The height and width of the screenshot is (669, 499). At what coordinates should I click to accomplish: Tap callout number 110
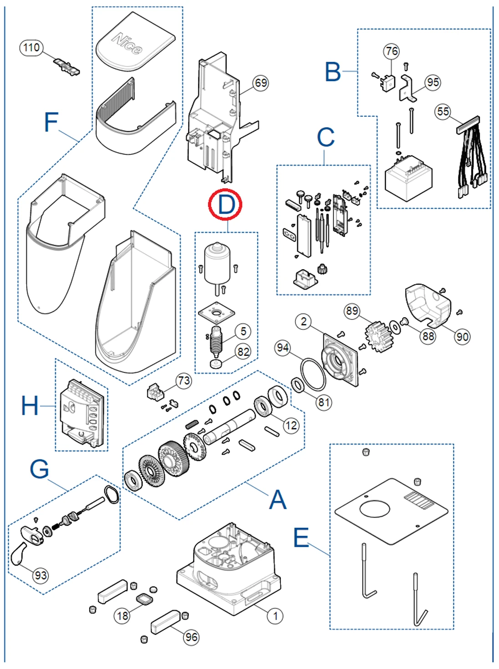[x=31, y=47]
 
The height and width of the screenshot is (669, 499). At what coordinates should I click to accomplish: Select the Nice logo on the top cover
[x=127, y=43]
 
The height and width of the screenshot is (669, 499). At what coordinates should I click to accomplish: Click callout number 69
[x=260, y=83]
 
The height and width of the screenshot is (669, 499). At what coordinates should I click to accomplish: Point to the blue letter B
[x=333, y=72]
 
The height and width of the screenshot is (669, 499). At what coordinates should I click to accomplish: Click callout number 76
[x=392, y=51]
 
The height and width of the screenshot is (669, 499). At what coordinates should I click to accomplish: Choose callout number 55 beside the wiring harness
[x=443, y=111]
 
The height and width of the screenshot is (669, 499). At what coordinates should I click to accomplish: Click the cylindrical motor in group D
[x=217, y=263]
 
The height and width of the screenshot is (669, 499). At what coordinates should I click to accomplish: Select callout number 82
[x=243, y=351]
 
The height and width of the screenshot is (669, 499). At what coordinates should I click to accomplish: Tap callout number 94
[x=282, y=348]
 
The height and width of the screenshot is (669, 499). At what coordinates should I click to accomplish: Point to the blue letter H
[x=30, y=405]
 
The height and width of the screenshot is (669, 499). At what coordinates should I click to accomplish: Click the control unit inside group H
[x=82, y=412]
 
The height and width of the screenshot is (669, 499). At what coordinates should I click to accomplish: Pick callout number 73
[x=184, y=381]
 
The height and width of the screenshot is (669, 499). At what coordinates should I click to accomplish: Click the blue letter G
[x=39, y=469]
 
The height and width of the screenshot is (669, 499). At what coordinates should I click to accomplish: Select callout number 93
[x=41, y=575]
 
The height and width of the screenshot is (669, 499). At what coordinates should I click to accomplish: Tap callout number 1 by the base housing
[x=275, y=616]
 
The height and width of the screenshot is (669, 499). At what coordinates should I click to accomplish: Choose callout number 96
[x=192, y=637]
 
